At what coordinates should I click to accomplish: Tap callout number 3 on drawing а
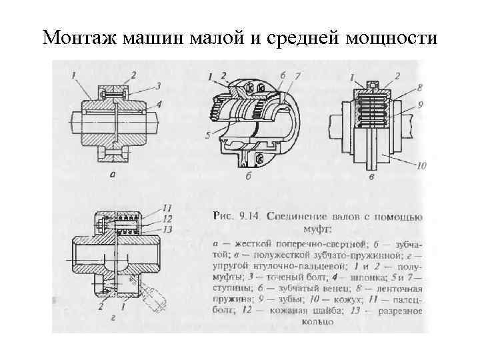(x=159, y=86)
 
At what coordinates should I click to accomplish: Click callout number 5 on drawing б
(x=209, y=137)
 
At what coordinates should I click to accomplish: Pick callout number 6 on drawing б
(x=283, y=77)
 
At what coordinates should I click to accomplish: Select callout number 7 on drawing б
(x=298, y=77)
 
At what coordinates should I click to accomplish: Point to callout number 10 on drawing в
(x=420, y=166)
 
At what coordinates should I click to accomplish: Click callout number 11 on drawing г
(x=167, y=208)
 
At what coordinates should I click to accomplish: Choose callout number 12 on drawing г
(x=167, y=218)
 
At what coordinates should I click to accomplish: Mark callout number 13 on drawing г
(x=167, y=229)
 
